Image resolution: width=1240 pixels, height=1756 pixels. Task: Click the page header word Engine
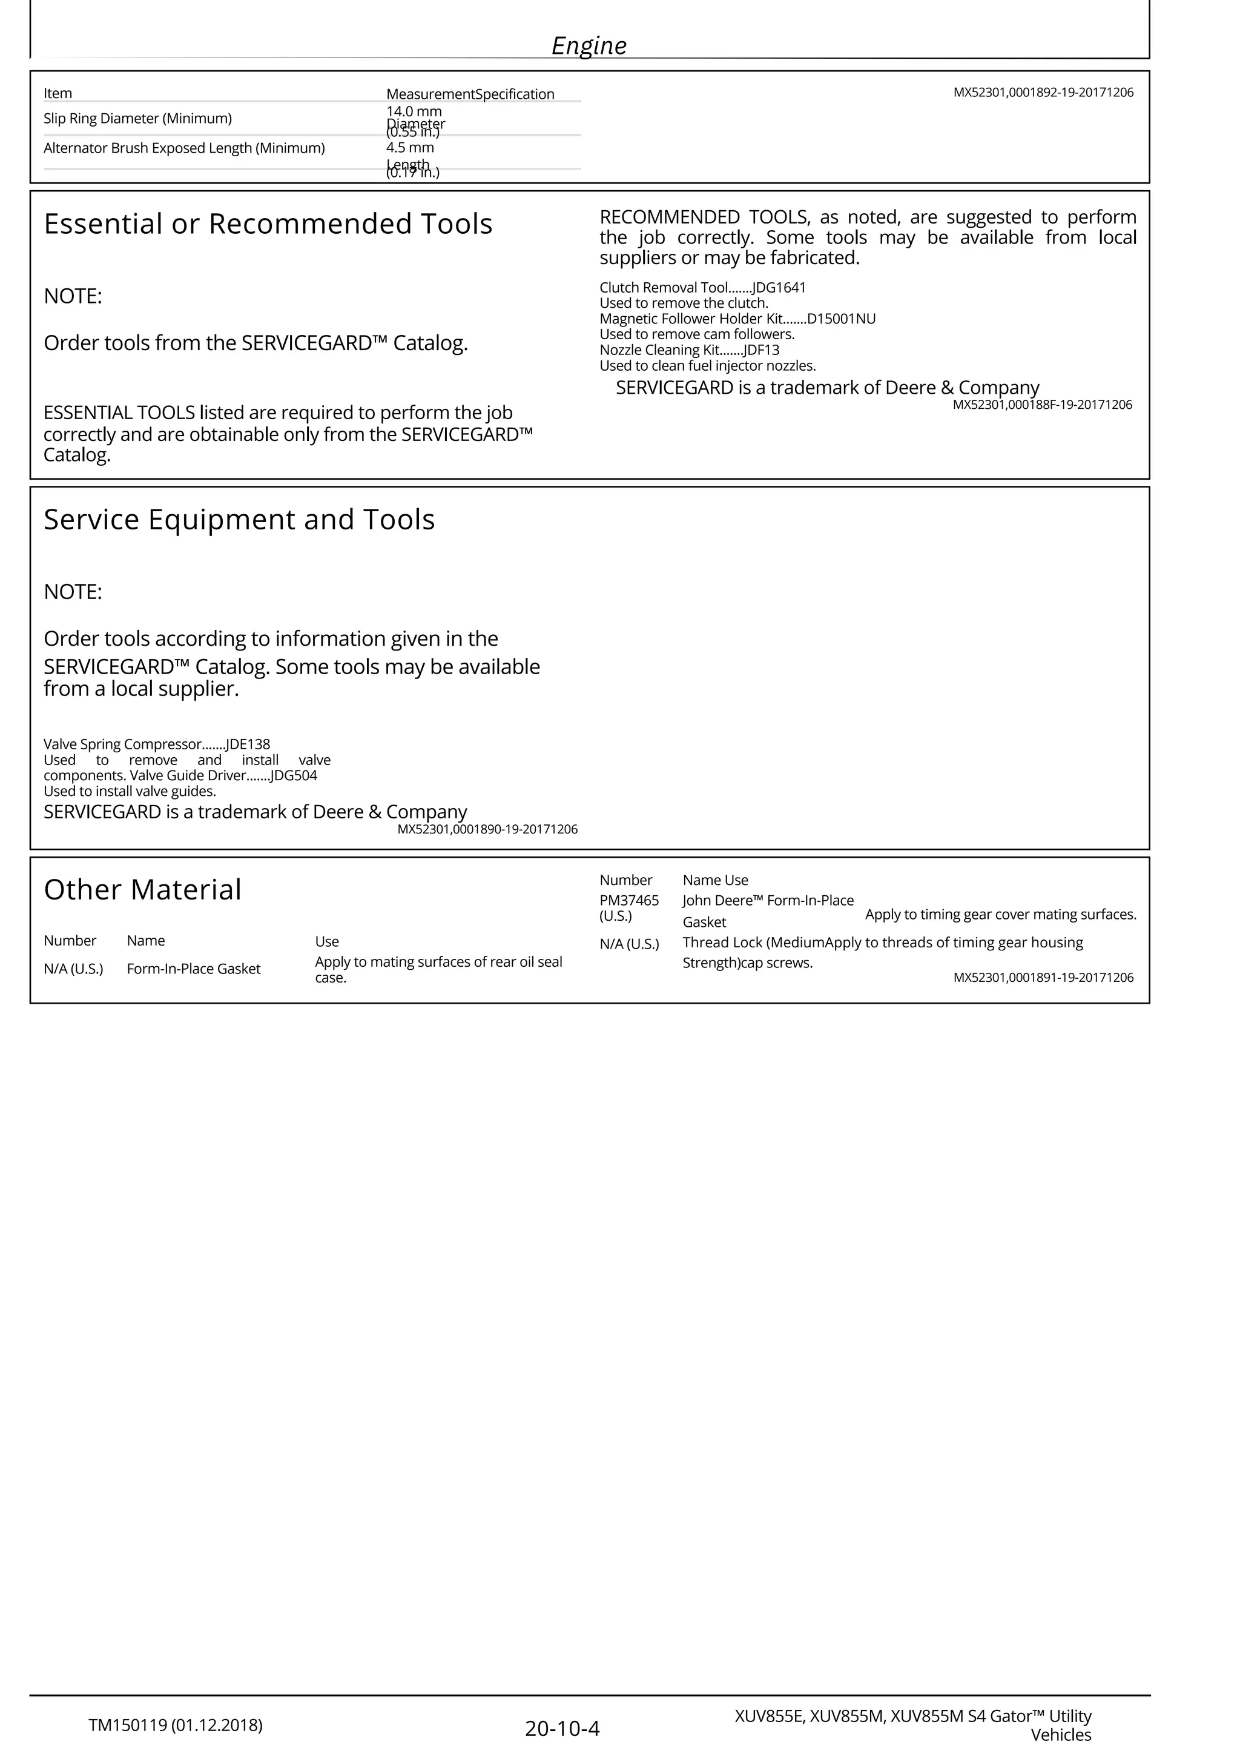coord(589,46)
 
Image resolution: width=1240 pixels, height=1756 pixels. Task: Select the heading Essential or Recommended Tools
coord(268,224)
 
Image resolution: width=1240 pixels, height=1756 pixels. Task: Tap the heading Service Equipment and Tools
coord(239,520)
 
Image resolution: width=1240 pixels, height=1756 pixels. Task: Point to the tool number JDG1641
coord(779,288)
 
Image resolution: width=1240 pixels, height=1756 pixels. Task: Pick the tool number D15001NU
coord(841,319)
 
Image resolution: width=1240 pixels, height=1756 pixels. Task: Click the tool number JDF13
coord(762,350)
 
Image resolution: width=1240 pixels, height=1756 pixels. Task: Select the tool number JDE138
coord(248,744)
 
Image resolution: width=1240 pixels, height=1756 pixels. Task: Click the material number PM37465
coord(628,901)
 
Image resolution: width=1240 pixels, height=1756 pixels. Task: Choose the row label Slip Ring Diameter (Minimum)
coord(137,119)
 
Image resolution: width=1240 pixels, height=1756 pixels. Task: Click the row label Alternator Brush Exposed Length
coord(183,148)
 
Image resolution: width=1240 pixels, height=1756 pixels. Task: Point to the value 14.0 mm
coord(414,111)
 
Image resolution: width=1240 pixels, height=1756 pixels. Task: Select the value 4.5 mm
coord(410,148)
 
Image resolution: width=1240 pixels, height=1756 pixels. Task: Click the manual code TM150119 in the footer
coord(128,1725)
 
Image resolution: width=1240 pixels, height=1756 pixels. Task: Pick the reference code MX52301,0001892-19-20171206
coord(1043,93)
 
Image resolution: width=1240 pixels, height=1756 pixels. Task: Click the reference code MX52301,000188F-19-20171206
coord(1042,405)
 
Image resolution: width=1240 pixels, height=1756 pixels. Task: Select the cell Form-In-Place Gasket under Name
coord(193,969)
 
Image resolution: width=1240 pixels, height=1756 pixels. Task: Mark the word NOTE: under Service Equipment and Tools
coord(73,592)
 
